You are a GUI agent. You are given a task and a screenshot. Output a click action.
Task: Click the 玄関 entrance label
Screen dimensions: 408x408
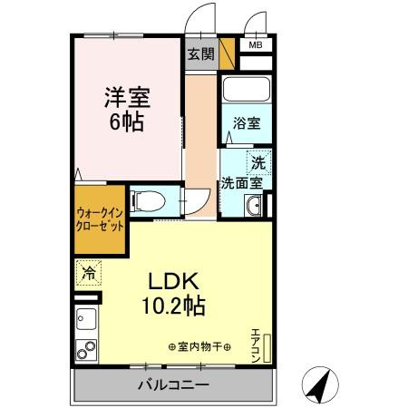tap(201, 53)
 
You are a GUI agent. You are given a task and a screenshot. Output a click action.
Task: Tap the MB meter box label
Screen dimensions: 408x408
tap(255, 44)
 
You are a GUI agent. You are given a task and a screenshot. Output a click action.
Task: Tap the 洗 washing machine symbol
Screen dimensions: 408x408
tap(259, 163)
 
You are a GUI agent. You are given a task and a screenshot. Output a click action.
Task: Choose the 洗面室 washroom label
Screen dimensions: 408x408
tap(242, 182)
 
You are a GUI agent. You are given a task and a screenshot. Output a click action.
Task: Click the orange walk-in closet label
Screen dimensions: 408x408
tap(98, 220)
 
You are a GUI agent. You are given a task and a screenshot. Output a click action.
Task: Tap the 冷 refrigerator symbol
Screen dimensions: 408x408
tap(88, 271)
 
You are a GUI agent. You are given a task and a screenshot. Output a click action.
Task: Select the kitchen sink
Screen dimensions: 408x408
tap(87, 319)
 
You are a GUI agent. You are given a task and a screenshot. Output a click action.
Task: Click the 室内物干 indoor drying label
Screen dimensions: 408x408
tap(199, 347)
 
